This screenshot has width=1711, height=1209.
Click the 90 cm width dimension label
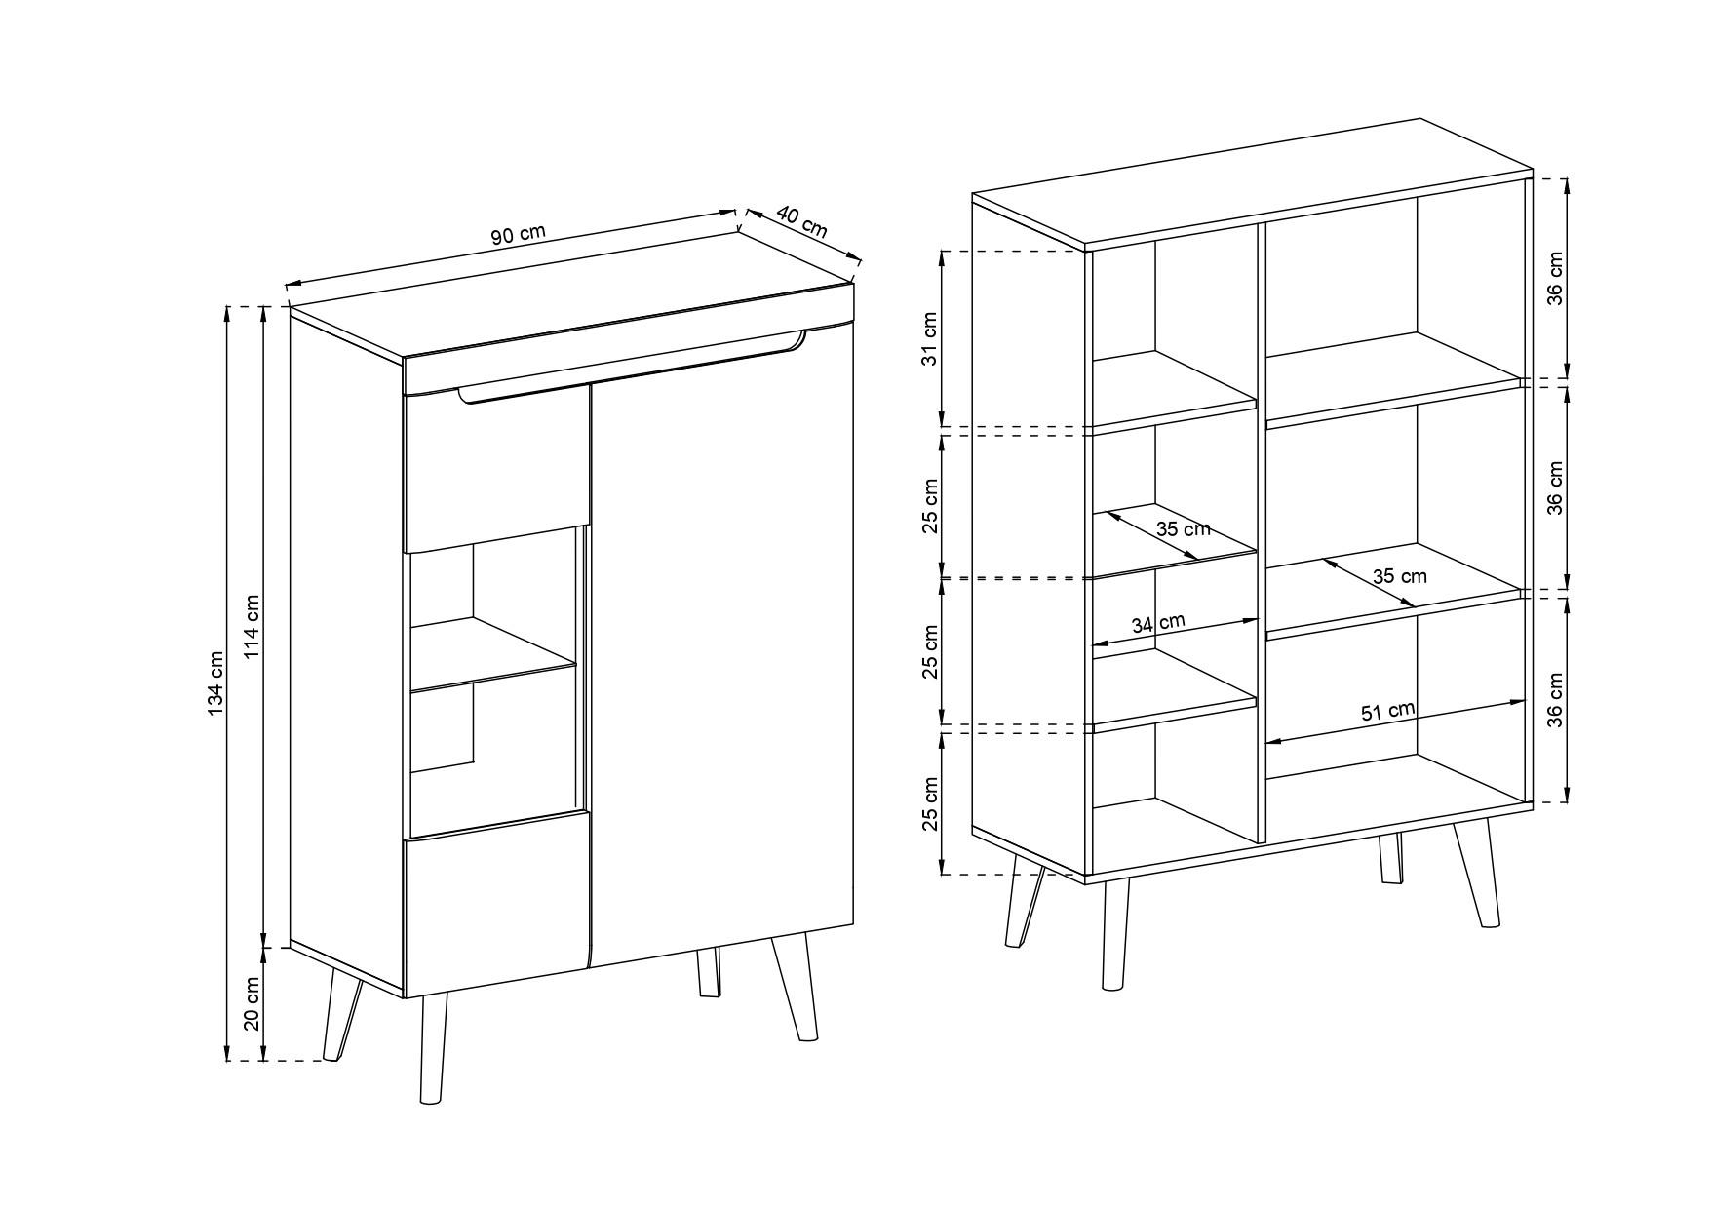pos(518,235)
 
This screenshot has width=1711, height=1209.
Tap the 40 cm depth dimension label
pos(802,223)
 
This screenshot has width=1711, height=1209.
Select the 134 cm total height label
pos(215,682)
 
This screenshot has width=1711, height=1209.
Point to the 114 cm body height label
pos(253,626)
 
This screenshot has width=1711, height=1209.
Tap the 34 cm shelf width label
pos(1158,623)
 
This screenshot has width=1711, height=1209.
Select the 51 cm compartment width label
pos(1388,712)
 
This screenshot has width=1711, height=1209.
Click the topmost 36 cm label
pos(1555,278)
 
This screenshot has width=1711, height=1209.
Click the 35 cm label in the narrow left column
pos(1183,529)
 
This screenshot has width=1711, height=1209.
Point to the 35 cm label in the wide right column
pos(1400,576)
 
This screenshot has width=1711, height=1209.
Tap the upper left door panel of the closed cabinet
pos(496,469)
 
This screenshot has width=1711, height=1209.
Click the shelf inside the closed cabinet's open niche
pos(493,654)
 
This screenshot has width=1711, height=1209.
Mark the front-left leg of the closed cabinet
pos(433,1049)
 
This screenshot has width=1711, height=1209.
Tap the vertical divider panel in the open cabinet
pos(1261,531)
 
